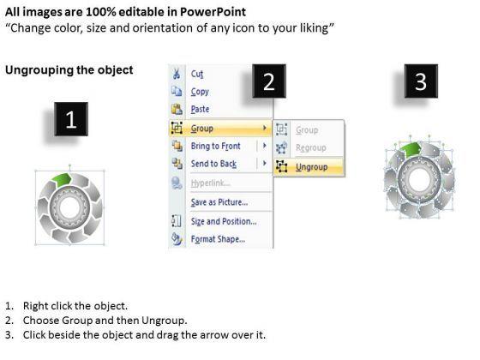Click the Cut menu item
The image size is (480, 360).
pyautogui.click(x=197, y=74)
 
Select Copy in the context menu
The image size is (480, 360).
pyautogui.click(x=200, y=92)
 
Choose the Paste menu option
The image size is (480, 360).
pyautogui.click(x=200, y=109)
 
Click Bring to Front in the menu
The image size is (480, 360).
pyautogui.click(x=215, y=146)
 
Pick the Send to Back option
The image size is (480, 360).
pyautogui.click(x=213, y=164)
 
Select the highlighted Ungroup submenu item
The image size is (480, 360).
pyautogui.click(x=312, y=167)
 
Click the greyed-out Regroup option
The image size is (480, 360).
pyautogui.click(x=310, y=147)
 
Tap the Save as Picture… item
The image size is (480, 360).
pyautogui.click(x=219, y=202)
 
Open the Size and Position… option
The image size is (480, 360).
pyautogui.click(x=224, y=221)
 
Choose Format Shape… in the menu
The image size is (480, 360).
pyautogui.click(x=218, y=239)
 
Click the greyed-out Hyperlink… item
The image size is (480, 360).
pyautogui.click(x=211, y=183)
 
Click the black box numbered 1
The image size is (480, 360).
pyautogui.click(x=71, y=119)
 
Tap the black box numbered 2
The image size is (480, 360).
pyautogui.click(x=269, y=81)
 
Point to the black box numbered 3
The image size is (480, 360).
pyautogui.click(x=421, y=81)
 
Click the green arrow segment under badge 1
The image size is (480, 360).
pyautogui.click(x=63, y=179)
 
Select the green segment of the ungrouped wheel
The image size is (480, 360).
pyautogui.click(x=411, y=149)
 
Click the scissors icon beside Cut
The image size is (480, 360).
pyautogui.click(x=177, y=74)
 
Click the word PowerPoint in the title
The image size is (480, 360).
pyautogui.click(x=213, y=12)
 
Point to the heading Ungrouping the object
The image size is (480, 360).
pyautogui.click(x=69, y=70)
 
